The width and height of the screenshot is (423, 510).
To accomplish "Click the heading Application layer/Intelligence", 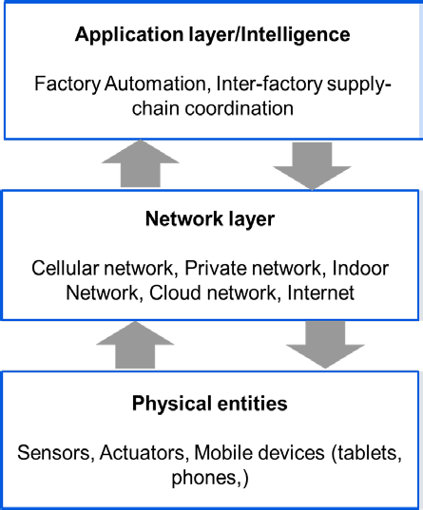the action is (x=212, y=35).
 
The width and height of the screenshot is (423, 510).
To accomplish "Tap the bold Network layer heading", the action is (x=210, y=219).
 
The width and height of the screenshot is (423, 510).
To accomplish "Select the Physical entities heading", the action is (x=210, y=404).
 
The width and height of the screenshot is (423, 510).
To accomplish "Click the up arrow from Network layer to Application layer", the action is (x=141, y=163).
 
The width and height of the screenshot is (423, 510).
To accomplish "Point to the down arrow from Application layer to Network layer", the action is (x=312, y=166).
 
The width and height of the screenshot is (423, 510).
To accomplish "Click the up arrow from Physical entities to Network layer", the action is (x=135, y=345).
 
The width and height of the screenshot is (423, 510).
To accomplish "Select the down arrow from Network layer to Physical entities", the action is (x=325, y=345).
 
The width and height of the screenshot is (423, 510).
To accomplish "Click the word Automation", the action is (x=156, y=84).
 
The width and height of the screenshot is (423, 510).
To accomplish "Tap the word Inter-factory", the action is (x=269, y=84).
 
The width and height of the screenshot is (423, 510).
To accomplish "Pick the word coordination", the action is (x=240, y=108).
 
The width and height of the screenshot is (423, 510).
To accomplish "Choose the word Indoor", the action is (x=360, y=269).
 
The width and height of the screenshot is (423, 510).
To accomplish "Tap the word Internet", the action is (x=320, y=293).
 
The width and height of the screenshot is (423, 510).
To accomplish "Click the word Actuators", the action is (x=142, y=453).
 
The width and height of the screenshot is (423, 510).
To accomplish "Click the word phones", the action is (x=204, y=478).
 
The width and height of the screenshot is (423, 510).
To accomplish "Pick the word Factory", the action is (x=67, y=85).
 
